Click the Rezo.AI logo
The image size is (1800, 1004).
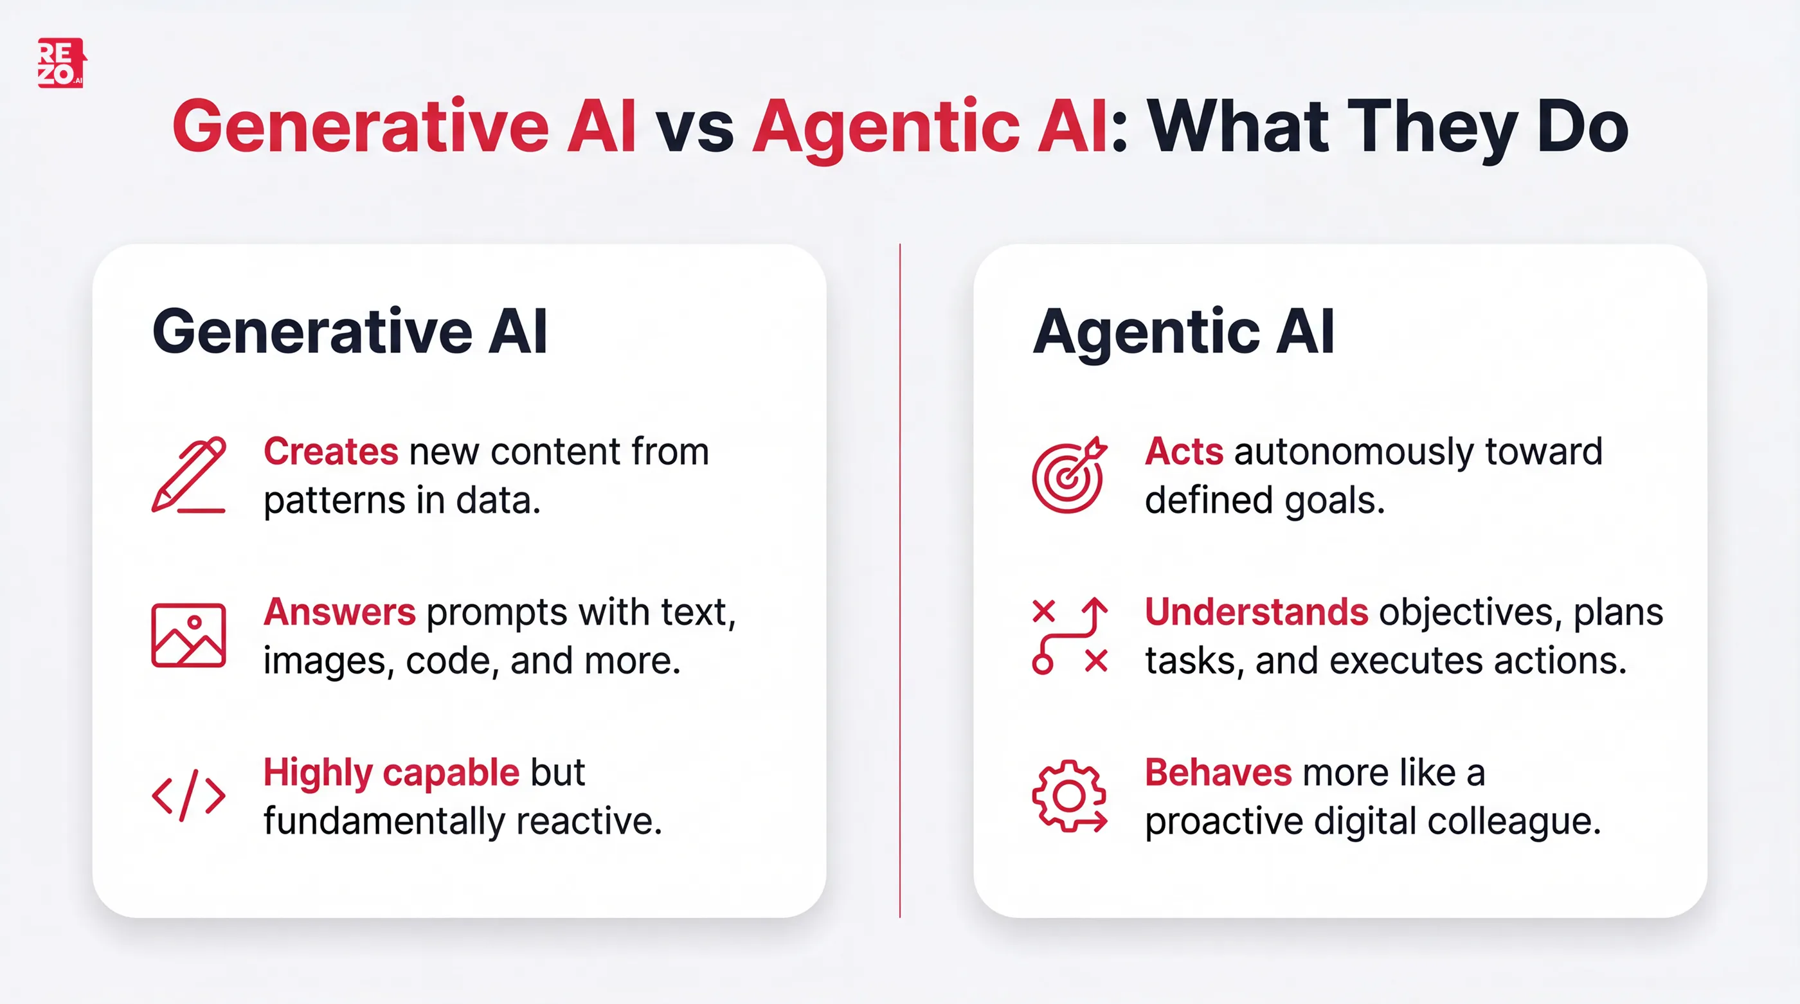[62, 63]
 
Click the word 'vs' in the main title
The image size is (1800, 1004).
[694, 127]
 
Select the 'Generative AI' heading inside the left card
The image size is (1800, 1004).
[349, 332]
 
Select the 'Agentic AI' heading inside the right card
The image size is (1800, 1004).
[1183, 332]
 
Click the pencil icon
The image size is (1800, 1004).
[188, 475]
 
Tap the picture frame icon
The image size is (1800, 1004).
[188, 635]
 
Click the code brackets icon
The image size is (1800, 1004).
[188, 795]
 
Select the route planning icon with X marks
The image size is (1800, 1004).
[1069, 635]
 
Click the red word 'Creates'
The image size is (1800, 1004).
[330, 451]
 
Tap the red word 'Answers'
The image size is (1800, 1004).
[339, 612]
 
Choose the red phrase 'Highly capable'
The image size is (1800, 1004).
[392, 773]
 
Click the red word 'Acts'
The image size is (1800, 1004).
[1183, 451]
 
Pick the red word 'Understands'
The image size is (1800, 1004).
[1255, 612]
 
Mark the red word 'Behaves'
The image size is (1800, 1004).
[1218, 773]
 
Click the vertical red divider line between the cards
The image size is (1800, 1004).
[900, 580]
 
